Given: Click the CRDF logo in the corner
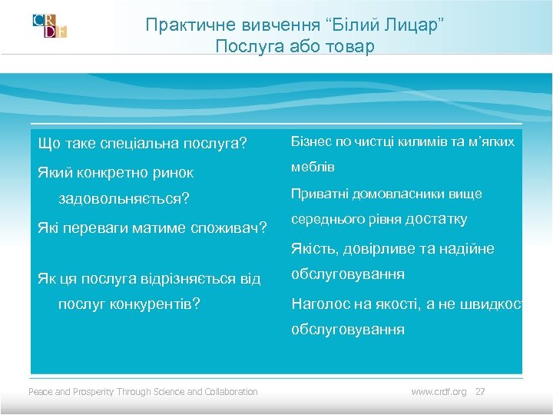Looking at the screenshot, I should pos(50,25).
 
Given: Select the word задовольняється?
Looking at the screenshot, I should pos(124,199).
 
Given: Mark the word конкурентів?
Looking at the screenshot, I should pos(152,304).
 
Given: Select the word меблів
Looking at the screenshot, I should pos(313,167).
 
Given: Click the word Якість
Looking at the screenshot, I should pos(313,248).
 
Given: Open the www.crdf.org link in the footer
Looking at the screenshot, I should pos(439,392).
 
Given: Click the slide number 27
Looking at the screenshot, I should pos(481,392).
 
